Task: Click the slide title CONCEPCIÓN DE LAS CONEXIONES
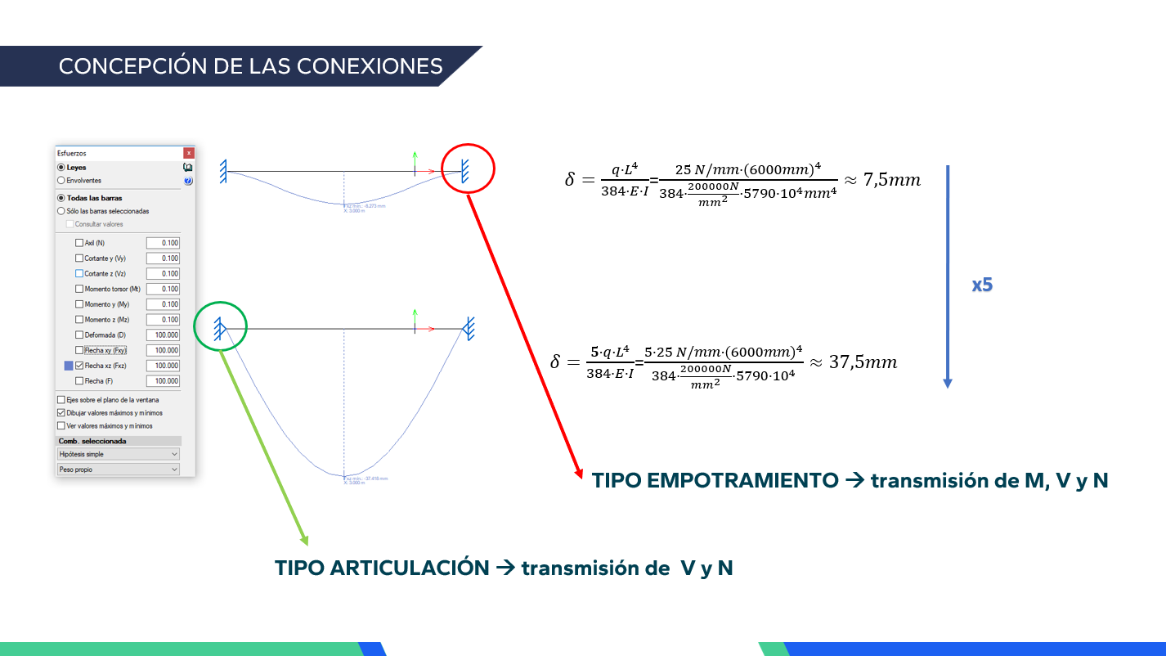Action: click(x=250, y=66)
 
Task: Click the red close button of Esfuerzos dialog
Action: click(x=189, y=153)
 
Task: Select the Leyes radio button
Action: click(x=61, y=168)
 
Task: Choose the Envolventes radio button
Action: click(x=61, y=181)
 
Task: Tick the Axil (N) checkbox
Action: click(x=79, y=243)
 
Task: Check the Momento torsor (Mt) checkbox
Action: click(x=79, y=289)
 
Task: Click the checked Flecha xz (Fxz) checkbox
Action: click(x=79, y=366)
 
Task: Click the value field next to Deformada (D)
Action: click(x=163, y=335)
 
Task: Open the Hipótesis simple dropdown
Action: click(x=119, y=454)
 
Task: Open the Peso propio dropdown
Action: click(x=119, y=470)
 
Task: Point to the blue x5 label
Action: click(x=982, y=285)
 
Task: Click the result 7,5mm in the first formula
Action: click(x=892, y=180)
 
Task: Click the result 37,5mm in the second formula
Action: click(x=863, y=362)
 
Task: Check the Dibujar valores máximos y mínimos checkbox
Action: click(x=61, y=413)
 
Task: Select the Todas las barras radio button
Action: click(x=61, y=198)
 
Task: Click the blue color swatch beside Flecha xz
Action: click(x=69, y=366)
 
